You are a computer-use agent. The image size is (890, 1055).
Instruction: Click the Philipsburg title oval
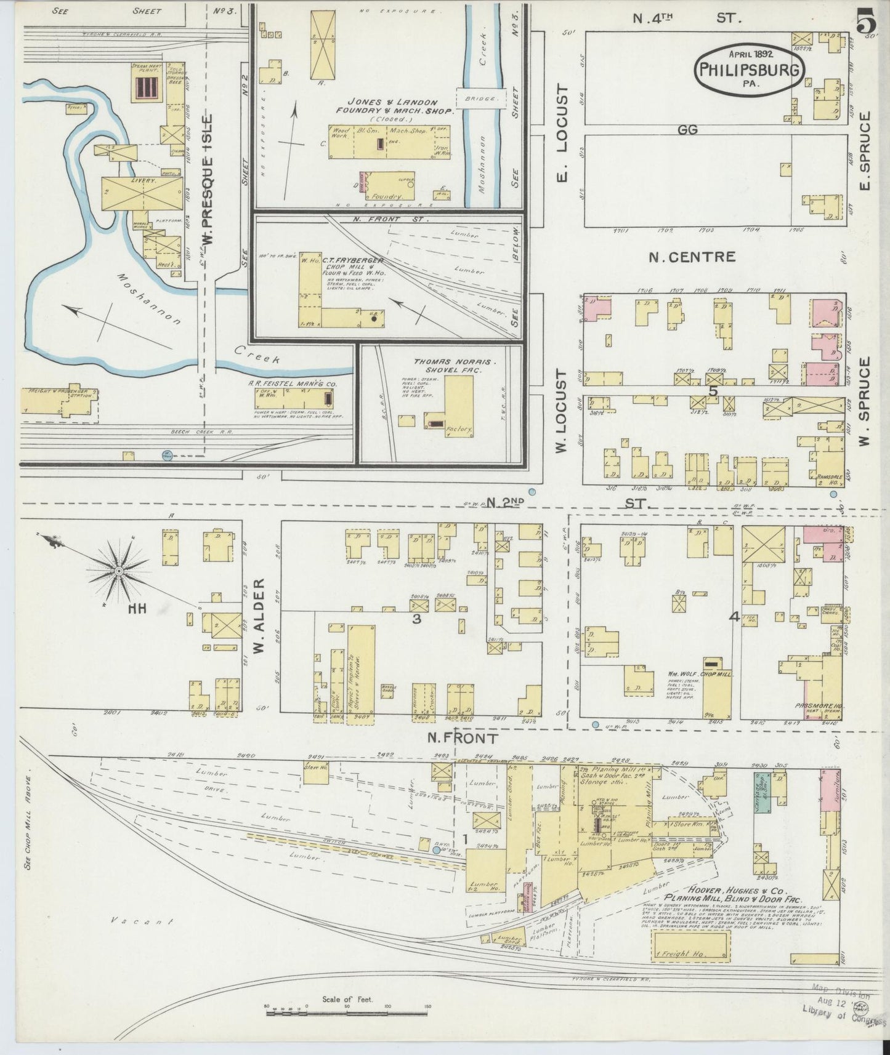coord(750,70)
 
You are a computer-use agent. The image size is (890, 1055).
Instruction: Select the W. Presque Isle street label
coord(209,179)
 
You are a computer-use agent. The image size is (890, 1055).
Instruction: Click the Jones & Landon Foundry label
coord(392,106)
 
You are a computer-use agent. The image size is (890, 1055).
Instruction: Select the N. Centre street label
coord(691,257)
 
